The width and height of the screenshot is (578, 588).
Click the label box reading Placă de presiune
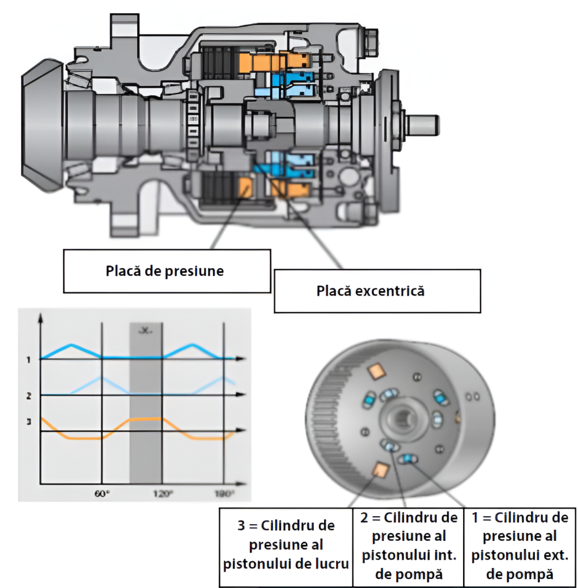click(165, 270)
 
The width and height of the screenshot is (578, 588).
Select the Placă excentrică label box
click(370, 291)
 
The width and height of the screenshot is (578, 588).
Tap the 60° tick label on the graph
click(101, 493)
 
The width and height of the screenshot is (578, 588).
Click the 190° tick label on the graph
click(225, 493)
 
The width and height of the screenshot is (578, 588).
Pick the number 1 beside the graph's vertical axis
click(27, 359)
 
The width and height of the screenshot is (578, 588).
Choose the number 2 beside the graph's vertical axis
click(27, 396)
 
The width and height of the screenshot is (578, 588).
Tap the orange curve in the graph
click(75, 437)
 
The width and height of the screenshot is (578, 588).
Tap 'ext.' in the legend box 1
click(555, 555)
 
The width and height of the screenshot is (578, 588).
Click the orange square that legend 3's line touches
click(379, 471)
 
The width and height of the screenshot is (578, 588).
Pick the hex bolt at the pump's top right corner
click(371, 39)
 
